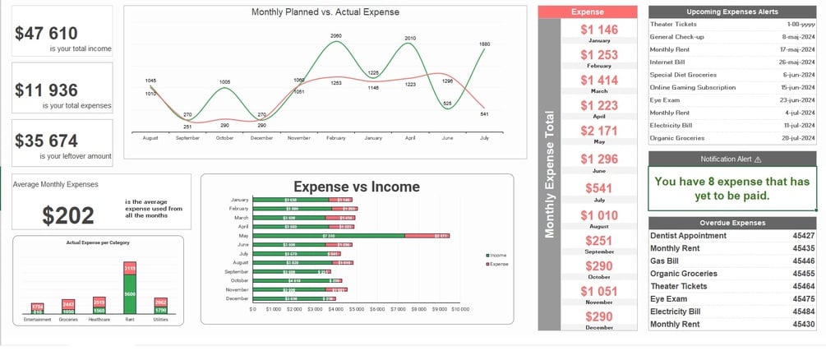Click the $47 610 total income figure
(x=47, y=34)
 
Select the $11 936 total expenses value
(x=47, y=91)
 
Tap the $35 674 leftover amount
(x=47, y=141)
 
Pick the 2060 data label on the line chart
(x=335, y=36)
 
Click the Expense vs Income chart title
(x=357, y=187)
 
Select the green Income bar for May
(x=329, y=236)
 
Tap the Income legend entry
(x=497, y=256)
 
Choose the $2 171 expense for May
(x=599, y=131)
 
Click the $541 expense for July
(x=599, y=188)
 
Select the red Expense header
(x=587, y=12)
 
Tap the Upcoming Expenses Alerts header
(x=732, y=12)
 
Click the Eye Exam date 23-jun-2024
(x=797, y=100)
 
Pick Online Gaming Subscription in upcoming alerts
(x=693, y=88)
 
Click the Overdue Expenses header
(x=732, y=223)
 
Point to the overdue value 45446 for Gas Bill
(x=803, y=261)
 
